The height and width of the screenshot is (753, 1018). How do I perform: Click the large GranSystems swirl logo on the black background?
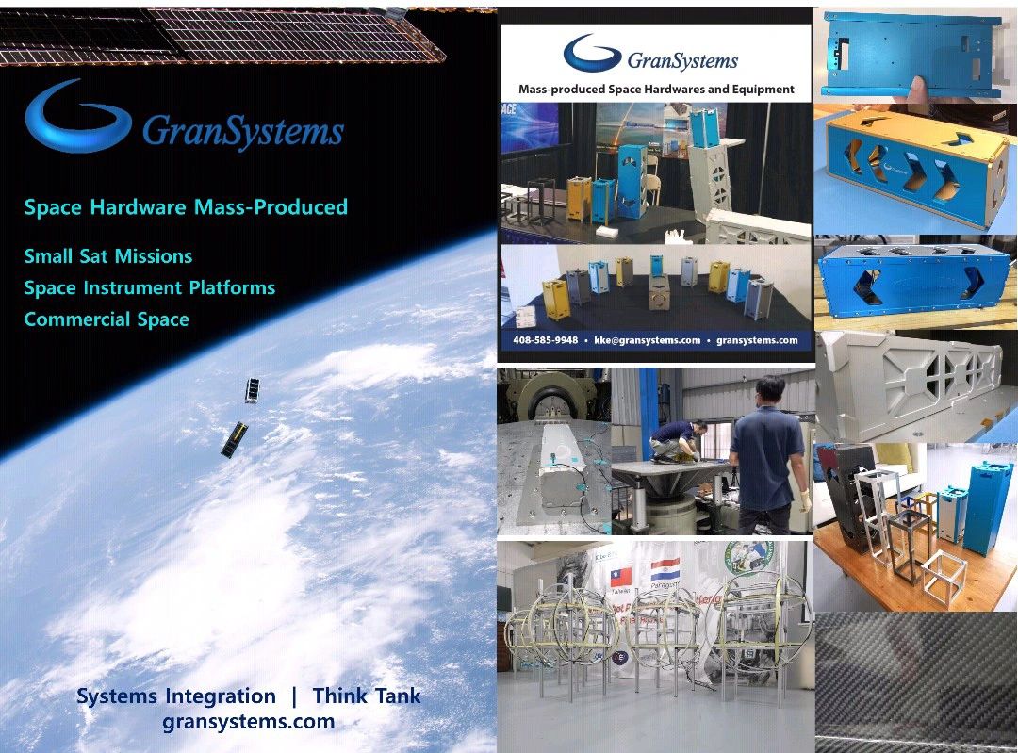77,118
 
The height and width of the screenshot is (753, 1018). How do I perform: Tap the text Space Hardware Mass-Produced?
186,207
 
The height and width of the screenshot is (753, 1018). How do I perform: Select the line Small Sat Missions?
107,256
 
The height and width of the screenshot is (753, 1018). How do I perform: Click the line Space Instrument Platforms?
149,287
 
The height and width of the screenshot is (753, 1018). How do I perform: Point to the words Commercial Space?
107,319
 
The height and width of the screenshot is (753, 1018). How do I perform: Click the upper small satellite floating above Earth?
252,390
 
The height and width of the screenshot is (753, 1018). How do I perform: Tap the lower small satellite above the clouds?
234,439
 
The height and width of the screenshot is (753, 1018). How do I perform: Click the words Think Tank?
367,696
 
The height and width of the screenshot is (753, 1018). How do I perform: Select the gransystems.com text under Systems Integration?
248,723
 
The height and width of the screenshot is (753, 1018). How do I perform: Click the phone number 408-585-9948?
546,340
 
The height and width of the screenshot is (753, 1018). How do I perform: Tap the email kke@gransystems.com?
647,340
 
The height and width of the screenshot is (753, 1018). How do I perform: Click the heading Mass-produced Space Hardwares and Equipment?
656,90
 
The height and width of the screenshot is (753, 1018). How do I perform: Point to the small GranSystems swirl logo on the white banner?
591,54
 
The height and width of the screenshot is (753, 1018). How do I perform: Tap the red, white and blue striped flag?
665,569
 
